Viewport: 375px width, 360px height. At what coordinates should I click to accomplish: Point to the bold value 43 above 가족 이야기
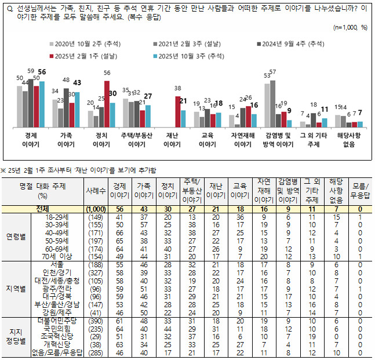(x=77, y=82)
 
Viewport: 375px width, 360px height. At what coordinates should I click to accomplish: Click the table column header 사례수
(x=95, y=190)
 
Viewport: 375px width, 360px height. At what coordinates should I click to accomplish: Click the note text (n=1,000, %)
(x=351, y=27)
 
